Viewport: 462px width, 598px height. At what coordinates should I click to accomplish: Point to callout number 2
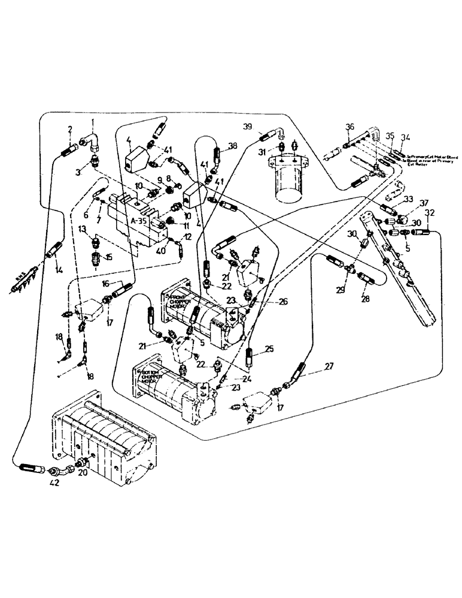(x=71, y=129)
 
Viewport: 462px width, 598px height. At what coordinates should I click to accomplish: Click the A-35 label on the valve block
(x=139, y=220)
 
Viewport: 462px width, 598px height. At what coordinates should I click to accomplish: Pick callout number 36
(x=350, y=126)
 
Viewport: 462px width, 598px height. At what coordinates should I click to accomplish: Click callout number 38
(x=232, y=145)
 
